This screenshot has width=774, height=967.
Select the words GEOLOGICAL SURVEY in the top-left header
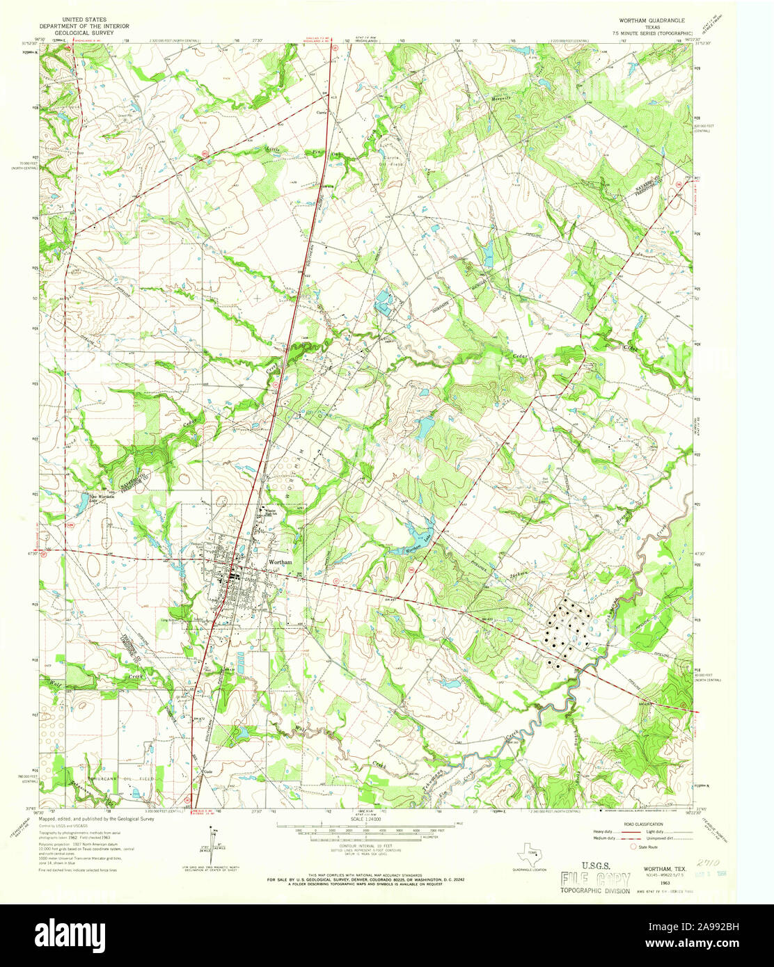pyautogui.click(x=85, y=32)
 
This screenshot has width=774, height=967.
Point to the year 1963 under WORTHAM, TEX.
pyautogui.click(x=656, y=881)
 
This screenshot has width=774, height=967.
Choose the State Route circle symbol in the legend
pyautogui.click(x=633, y=847)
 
